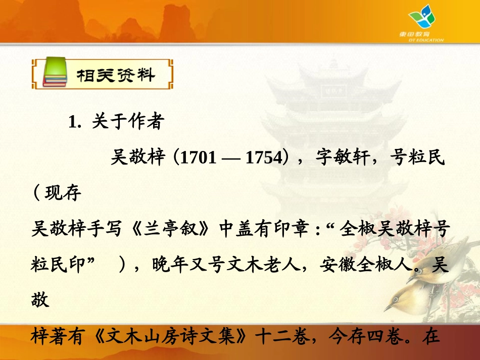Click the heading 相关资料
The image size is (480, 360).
116,75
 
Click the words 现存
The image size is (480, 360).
63,193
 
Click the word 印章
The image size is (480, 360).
284,229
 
